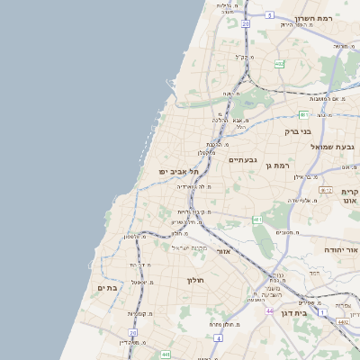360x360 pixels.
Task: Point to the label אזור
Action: (x=224, y=252)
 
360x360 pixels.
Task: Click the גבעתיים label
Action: (x=243, y=160)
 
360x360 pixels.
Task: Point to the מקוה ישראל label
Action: (x=191, y=247)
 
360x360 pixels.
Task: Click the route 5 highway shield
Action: (x=270, y=15)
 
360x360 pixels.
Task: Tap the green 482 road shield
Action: (x=280, y=64)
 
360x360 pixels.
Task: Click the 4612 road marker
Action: (x=326, y=191)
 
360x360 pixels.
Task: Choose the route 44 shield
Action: (x=269, y=310)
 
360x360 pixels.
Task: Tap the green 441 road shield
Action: (x=166, y=355)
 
